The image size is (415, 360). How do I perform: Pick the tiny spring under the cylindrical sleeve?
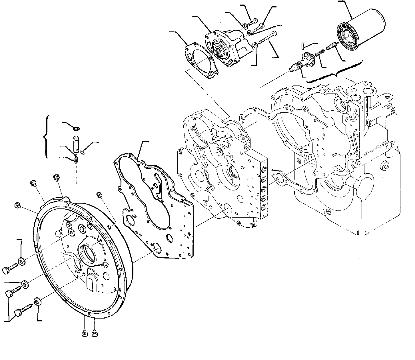(x=76, y=159)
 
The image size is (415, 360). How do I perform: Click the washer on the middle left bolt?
(x=24, y=285)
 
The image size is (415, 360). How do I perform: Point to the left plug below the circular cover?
(x=85, y=333)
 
